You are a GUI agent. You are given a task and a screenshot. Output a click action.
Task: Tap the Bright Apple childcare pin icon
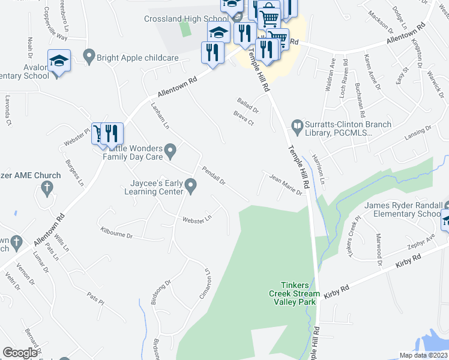pyautogui.click(x=90, y=57)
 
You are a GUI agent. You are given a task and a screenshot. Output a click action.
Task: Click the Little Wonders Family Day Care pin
pyautogui.click(x=170, y=149)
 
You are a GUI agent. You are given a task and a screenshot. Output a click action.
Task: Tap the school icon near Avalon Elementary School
pyautogui.click(x=59, y=61)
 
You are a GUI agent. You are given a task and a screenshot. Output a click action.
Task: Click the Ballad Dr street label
pyautogui.click(x=247, y=106)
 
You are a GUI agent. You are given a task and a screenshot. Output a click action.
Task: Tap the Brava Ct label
pyautogui.click(x=244, y=118)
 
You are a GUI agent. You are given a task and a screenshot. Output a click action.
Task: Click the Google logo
pyautogui.click(x=20, y=353)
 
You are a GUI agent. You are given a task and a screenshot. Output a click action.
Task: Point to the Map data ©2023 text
pyautogui.click(x=424, y=355)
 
